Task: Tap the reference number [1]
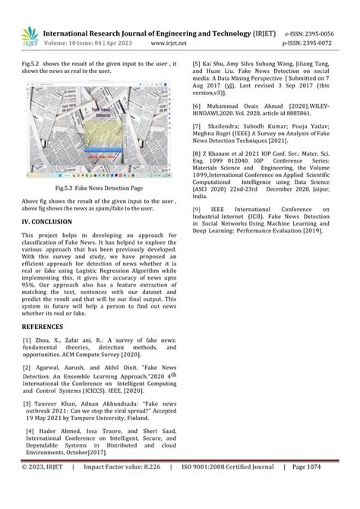pyautogui.click(x=28, y=341)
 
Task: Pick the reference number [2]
pyautogui.click(x=28, y=367)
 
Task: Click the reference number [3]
pyautogui.click(x=28, y=403)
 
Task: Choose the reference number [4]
pyautogui.click(x=28, y=430)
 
